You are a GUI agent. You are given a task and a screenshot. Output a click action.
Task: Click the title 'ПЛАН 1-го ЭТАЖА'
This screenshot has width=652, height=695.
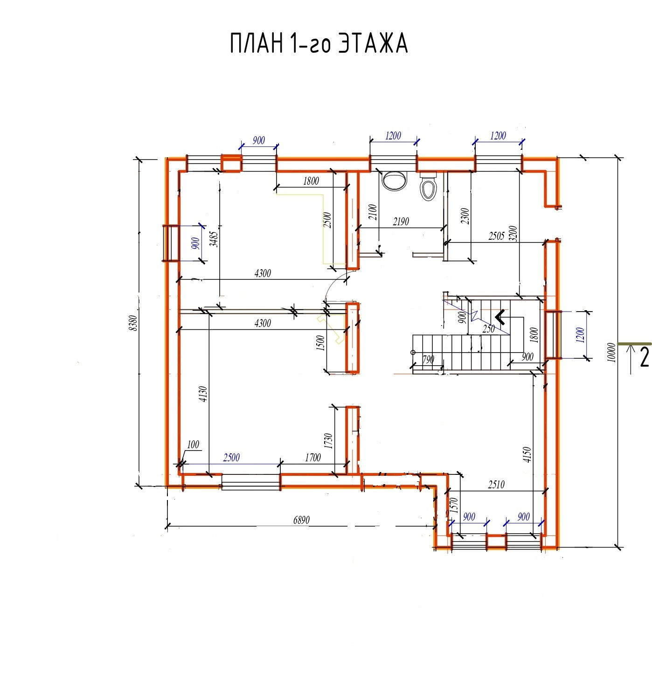[319, 44]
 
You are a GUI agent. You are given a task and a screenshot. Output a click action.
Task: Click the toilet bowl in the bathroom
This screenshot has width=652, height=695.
[428, 187]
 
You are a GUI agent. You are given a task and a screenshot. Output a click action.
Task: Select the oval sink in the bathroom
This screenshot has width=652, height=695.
[395, 181]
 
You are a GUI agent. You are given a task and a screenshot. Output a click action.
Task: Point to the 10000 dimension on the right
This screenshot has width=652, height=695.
[612, 352]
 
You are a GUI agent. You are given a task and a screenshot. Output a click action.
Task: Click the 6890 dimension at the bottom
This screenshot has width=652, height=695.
[301, 520]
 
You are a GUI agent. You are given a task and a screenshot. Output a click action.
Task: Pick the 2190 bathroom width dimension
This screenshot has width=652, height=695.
[401, 221]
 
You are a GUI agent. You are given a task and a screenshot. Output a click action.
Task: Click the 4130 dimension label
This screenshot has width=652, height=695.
[203, 394]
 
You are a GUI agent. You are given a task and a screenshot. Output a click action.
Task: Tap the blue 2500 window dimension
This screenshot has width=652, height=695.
[231, 457]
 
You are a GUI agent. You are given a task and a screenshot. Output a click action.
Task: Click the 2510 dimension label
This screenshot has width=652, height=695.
[496, 485]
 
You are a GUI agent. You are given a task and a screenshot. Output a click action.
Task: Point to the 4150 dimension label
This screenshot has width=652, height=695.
[527, 455]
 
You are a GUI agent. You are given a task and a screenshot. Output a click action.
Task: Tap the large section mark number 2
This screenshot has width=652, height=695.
[644, 357]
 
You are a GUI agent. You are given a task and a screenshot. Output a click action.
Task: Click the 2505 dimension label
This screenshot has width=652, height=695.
[497, 236]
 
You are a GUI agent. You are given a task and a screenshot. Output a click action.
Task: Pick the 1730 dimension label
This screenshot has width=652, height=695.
[328, 441]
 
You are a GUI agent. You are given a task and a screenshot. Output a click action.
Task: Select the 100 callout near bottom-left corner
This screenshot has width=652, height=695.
[193, 445]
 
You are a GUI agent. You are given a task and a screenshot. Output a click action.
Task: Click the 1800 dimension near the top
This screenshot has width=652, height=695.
[311, 181]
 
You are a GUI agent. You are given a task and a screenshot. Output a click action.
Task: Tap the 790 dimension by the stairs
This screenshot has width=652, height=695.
[428, 360]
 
